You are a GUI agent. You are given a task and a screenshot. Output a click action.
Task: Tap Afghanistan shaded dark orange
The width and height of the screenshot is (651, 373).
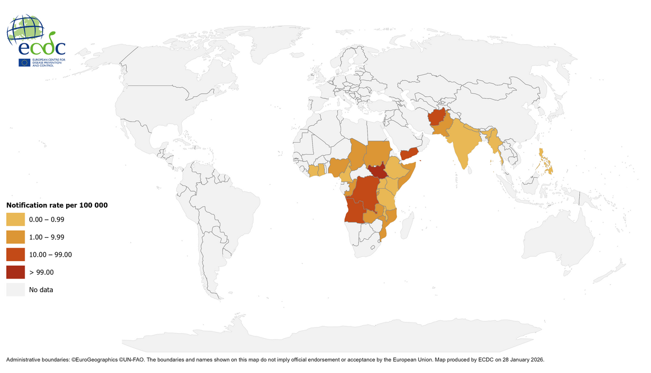tap(437, 120)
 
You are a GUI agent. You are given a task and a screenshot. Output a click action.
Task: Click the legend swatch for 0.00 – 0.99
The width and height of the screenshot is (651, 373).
tap(15, 220)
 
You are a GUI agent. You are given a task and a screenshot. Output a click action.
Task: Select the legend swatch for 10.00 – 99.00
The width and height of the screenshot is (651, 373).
tap(15, 254)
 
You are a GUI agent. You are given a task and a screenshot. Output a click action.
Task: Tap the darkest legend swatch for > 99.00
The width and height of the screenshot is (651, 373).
tap(15, 272)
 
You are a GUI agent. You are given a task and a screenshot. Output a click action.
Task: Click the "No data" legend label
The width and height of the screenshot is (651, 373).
tap(41, 290)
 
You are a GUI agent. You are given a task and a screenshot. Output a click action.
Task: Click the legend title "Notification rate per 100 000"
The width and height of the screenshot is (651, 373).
tap(57, 205)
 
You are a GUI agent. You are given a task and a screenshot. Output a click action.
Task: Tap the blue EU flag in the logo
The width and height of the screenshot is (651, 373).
tap(24, 62)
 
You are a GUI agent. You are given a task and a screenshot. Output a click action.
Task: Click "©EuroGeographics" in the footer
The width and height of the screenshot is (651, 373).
tap(94, 359)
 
